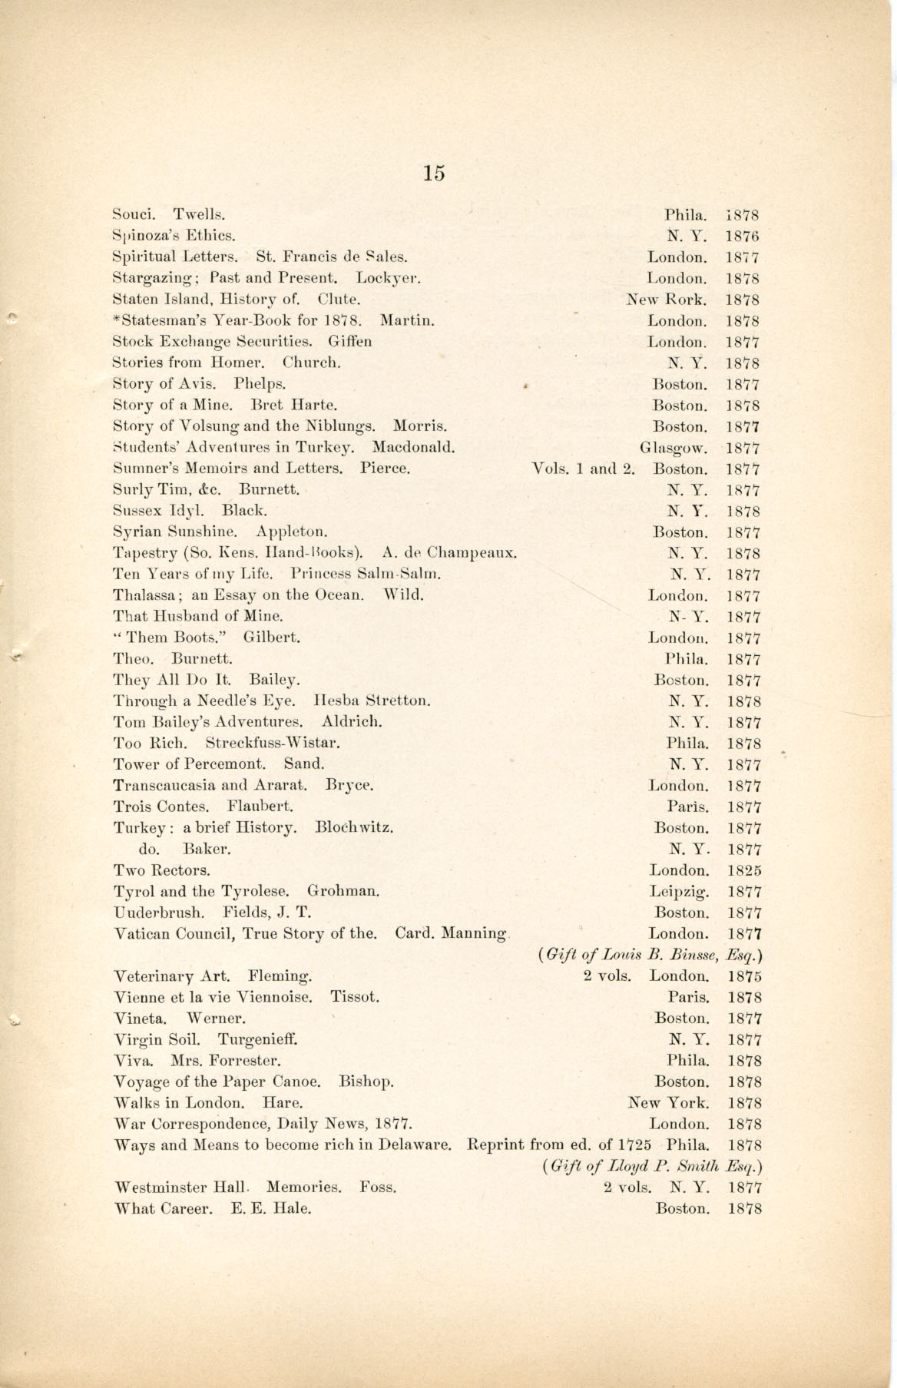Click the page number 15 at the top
(433, 173)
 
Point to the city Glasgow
(674, 448)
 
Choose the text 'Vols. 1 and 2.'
(583, 469)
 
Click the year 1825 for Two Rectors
(743, 871)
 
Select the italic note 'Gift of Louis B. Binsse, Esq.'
(652, 956)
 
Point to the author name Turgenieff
(257, 1040)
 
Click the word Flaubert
(260, 807)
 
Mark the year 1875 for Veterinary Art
(743, 977)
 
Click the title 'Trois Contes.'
(161, 807)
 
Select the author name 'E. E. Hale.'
(271, 1209)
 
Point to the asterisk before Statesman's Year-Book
(116, 318)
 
